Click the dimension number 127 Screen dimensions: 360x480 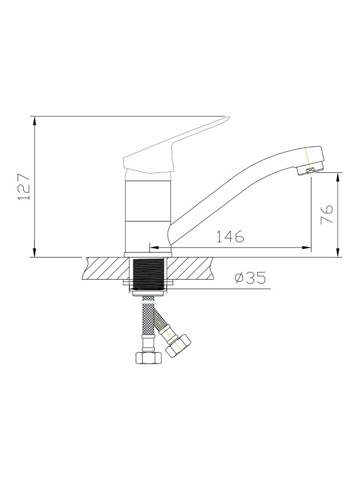pos(24,187)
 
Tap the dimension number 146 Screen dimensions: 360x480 pos(230,236)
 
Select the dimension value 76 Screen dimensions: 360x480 pos(327,214)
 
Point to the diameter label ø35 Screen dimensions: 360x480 pos(250,278)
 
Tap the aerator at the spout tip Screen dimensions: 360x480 pos(310,170)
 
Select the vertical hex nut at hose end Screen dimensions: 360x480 pos(148,358)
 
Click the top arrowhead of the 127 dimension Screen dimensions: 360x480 pos(34,121)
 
